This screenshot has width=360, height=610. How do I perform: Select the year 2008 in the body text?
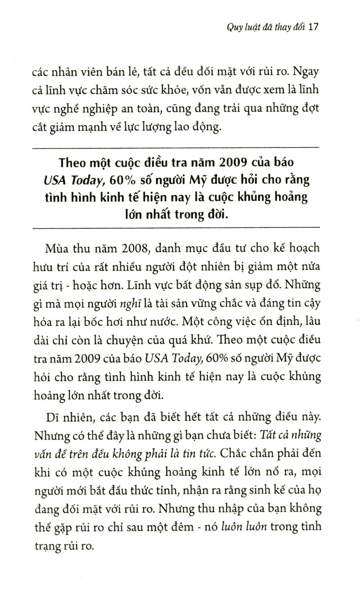click(x=119, y=264)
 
